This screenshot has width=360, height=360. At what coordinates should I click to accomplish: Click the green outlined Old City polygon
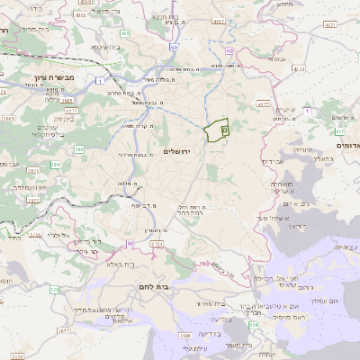(x=217, y=130)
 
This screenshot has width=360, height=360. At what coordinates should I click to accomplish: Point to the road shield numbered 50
(x=174, y=45)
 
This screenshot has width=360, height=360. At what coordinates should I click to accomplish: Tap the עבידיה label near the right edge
(x=345, y=246)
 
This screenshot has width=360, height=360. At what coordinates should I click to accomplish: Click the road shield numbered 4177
(x=264, y=104)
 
